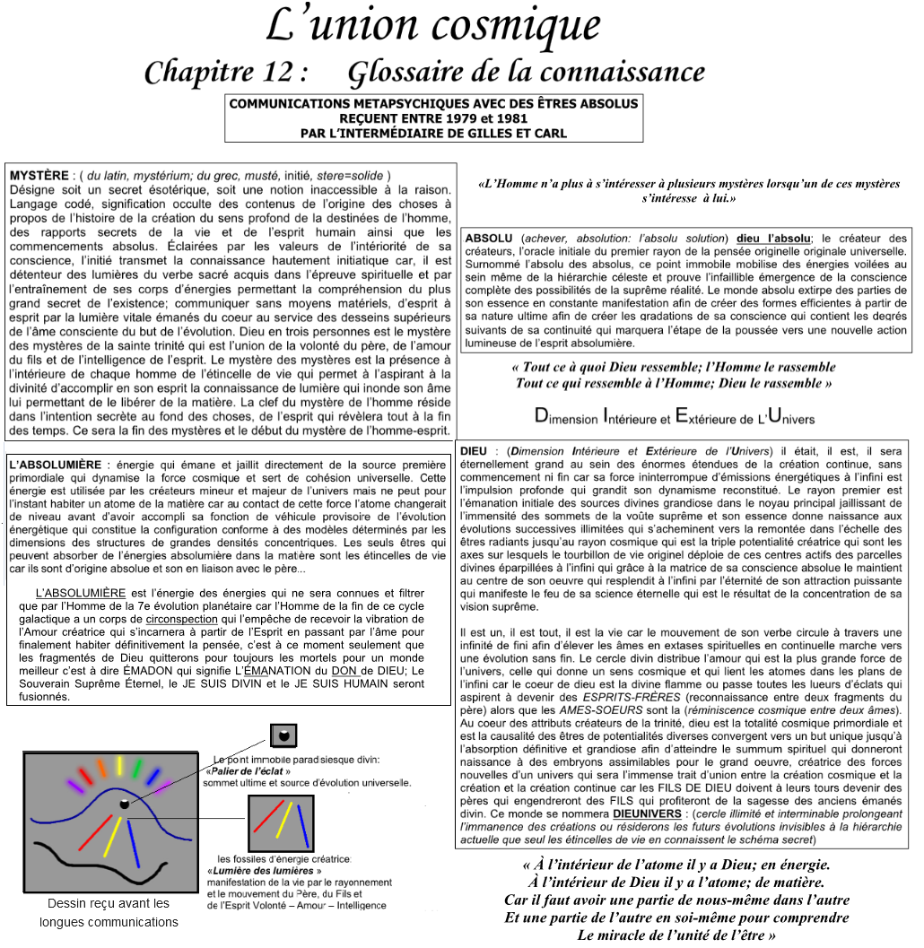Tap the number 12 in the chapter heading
pyautogui.click(x=264, y=72)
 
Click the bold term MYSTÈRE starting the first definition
pyautogui.click(x=39, y=175)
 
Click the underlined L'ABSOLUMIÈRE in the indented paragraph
pyautogui.click(x=81, y=594)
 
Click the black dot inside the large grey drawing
pyautogui.click(x=125, y=804)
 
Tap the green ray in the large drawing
pyautogui.click(x=137, y=770)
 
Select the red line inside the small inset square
pyautogui.click(x=267, y=816)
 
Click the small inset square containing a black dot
pyautogui.click(x=283, y=735)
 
